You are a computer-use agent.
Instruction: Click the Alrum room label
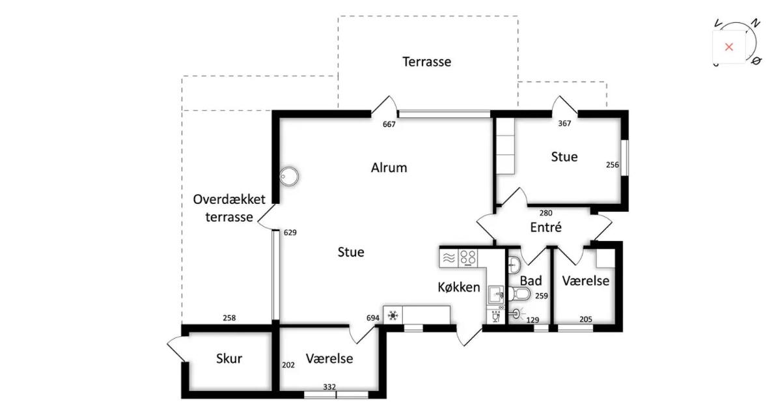[389, 167]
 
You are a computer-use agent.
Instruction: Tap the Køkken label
[458, 287]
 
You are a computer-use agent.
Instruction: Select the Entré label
[546, 227]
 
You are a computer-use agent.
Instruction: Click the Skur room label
[229, 358]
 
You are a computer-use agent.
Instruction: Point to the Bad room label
[531, 281]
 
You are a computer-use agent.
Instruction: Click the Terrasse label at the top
[426, 62]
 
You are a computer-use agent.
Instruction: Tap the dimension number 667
[389, 124]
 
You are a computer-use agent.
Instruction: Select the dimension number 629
[290, 232]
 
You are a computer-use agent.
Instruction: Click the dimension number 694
[373, 318]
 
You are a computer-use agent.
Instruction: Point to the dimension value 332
[329, 387]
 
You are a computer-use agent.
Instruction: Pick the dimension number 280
[546, 213]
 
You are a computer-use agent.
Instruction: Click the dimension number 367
[564, 124]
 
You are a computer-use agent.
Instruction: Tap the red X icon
[728, 47]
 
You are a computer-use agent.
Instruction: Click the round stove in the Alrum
[289, 176]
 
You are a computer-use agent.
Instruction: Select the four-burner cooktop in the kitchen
[468, 258]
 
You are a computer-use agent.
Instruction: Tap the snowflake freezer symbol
[393, 315]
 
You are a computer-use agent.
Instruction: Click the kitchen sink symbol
[495, 295]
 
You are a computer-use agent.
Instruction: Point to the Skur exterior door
[175, 349]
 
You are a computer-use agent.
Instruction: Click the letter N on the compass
[754, 23]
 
